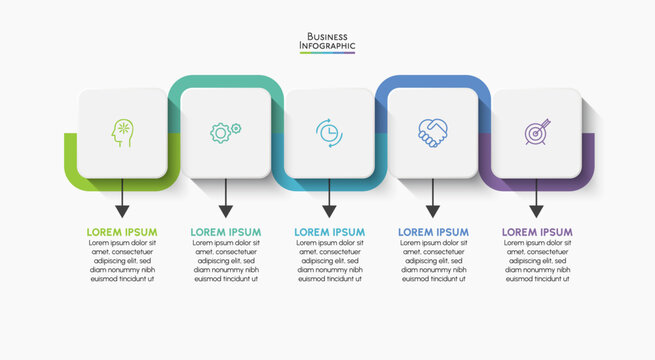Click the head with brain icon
click(x=122, y=133)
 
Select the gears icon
click(x=225, y=132)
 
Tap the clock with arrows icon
click(x=329, y=132)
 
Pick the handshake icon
click(x=432, y=132)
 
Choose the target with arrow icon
click(x=536, y=133)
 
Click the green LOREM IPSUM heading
click(x=122, y=232)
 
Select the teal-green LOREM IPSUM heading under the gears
click(x=225, y=232)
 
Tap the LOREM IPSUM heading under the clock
click(x=329, y=232)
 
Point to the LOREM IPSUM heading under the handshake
click(x=433, y=232)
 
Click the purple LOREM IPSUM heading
click(x=536, y=232)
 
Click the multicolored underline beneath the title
click(x=327, y=53)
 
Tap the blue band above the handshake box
click(x=432, y=80)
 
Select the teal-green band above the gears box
click(x=225, y=80)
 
